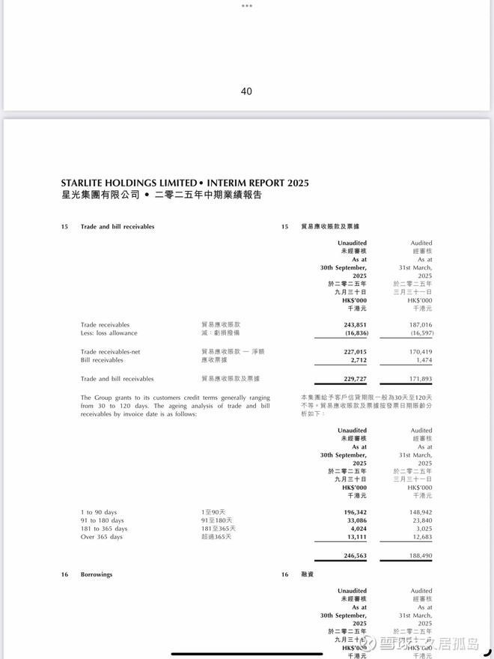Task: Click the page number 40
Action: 246,91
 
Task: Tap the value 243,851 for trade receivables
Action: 355,325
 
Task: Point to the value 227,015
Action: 355,351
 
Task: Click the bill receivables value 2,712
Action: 359,360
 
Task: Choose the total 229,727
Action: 355,379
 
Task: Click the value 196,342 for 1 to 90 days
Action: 355,512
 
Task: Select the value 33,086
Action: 356,520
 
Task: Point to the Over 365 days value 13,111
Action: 356,536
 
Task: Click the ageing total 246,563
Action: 355,556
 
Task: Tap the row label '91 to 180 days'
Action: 103,520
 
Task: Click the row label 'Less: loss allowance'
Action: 109,333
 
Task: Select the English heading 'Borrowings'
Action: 97,574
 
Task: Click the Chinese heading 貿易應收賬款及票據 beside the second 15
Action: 330,226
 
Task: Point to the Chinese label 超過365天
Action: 216,536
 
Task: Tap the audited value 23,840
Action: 421,520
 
